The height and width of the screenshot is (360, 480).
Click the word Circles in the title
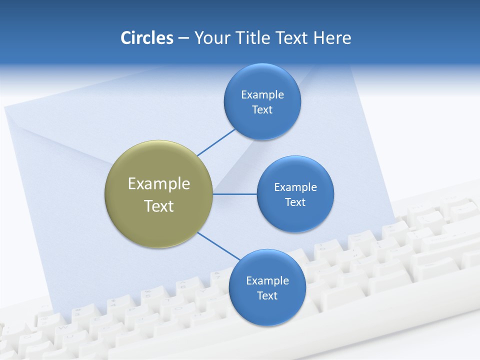click(x=146, y=37)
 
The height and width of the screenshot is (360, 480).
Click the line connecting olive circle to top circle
click(x=216, y=142)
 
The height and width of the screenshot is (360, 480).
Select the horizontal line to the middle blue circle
click(x=235, y=194)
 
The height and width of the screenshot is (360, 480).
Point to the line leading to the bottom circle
click(x=219, y=246)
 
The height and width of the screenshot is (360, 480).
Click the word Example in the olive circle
click(x=159, y=184)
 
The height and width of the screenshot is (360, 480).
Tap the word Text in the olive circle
click(x=159, y=206)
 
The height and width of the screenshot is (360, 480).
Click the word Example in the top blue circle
click(x=262, y=95)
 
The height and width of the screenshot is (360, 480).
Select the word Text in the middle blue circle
click(x=295, y=202)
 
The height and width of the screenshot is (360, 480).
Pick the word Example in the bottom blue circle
click(x=267, y=281)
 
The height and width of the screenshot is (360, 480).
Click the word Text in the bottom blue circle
click(x=267, y=296)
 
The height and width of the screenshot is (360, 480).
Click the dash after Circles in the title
click(x=183, y=38)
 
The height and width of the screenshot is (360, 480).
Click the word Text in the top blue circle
click(x=262, y=110)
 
